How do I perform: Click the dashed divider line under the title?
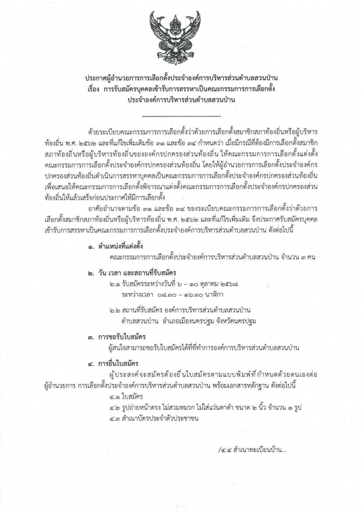click(180, 114)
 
